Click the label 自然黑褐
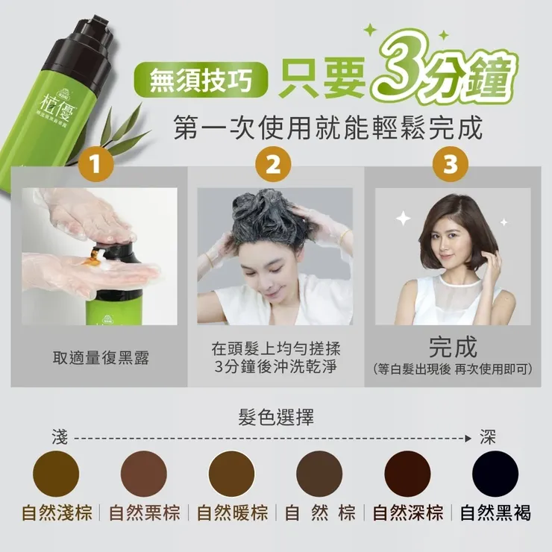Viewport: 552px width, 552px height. coord(495,513)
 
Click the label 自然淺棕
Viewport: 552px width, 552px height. coord(57,513)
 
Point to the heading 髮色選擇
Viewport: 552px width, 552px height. coord(277,417)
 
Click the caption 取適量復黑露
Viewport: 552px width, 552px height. coord(101,357)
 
